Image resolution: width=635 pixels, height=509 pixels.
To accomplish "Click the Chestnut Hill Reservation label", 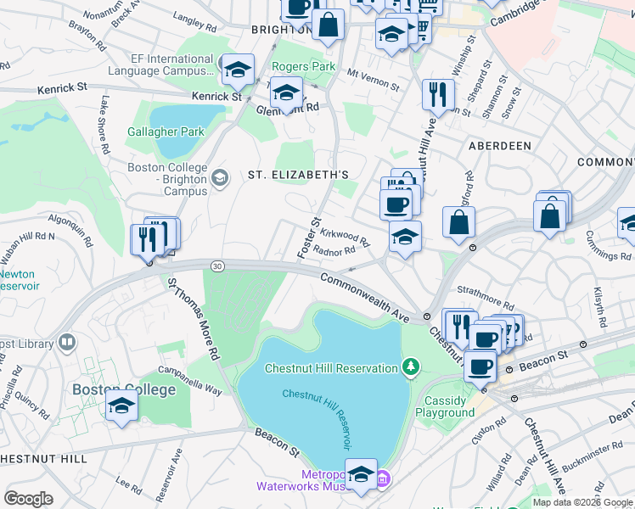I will [331, 368].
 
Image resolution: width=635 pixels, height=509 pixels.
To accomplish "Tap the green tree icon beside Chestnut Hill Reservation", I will [411, 367].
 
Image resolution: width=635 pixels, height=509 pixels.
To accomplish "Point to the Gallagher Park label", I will [166, 131].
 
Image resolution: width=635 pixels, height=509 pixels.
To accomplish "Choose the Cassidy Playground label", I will [445, 406].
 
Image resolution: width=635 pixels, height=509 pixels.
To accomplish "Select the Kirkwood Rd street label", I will [346, 239].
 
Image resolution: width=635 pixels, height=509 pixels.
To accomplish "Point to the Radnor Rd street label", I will [334, 251].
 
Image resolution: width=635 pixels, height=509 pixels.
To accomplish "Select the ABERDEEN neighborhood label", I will [500, 146].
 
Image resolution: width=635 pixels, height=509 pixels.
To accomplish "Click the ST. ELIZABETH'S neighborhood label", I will [298, 175].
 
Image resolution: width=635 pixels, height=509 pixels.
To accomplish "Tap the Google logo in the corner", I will [28, 498].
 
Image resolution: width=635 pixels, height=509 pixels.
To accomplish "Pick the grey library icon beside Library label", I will [66, 344].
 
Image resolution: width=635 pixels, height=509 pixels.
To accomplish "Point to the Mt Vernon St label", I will [374, 79].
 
